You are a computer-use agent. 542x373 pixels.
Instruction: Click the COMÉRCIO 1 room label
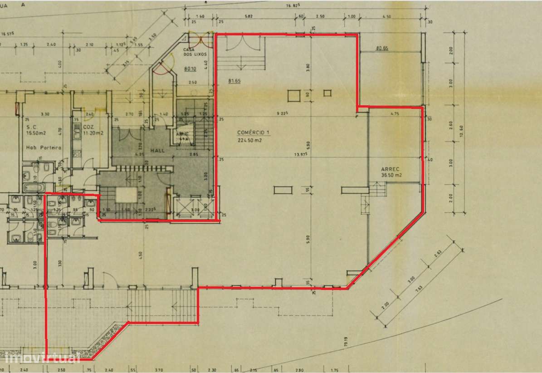(253, 133)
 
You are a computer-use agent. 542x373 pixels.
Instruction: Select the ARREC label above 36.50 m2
(390, 169)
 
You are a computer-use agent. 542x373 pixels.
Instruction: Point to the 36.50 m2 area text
(391, 175)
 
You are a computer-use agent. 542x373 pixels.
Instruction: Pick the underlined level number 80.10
(190, 69)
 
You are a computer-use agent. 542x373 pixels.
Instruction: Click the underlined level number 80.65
(382, 48)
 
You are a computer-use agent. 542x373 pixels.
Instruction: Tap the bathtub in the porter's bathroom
(32, 187)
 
